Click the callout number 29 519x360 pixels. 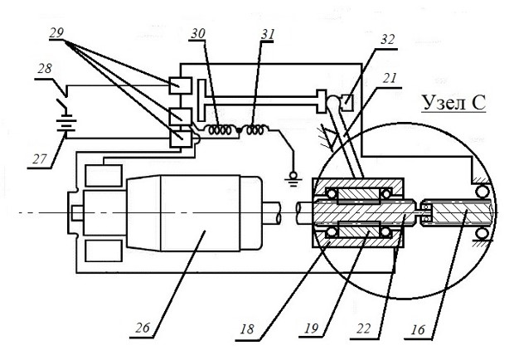click(x=56, y=33)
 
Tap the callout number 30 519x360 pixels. click(x=198, y=34)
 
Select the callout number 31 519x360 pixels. click(x=268, y=34)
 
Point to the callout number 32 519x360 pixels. click(x=388, y=40)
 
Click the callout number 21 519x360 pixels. click(x=390, y=78)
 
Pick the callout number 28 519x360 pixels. click(x=45, y=69)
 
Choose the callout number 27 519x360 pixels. click(x=40, y=159)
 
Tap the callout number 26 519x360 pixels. click(x=143, y=328)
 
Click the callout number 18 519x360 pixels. click(x=247, y=328)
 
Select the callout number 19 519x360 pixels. click(x=311, y=328)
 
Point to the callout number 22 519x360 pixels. click(x=363, y=328)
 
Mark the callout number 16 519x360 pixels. click(x=418, y=329)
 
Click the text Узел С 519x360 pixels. click(x=454, y=102)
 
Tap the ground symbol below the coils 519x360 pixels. click(x=293, y=179)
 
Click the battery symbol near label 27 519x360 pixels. click(x=66, y=124)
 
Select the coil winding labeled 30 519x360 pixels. click(x=218, y=129)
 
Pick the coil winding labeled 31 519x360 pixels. click(x=255, y=129)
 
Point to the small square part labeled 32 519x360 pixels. click(x=347, y=102)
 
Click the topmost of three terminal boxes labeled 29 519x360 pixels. click(x=180, y=85)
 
